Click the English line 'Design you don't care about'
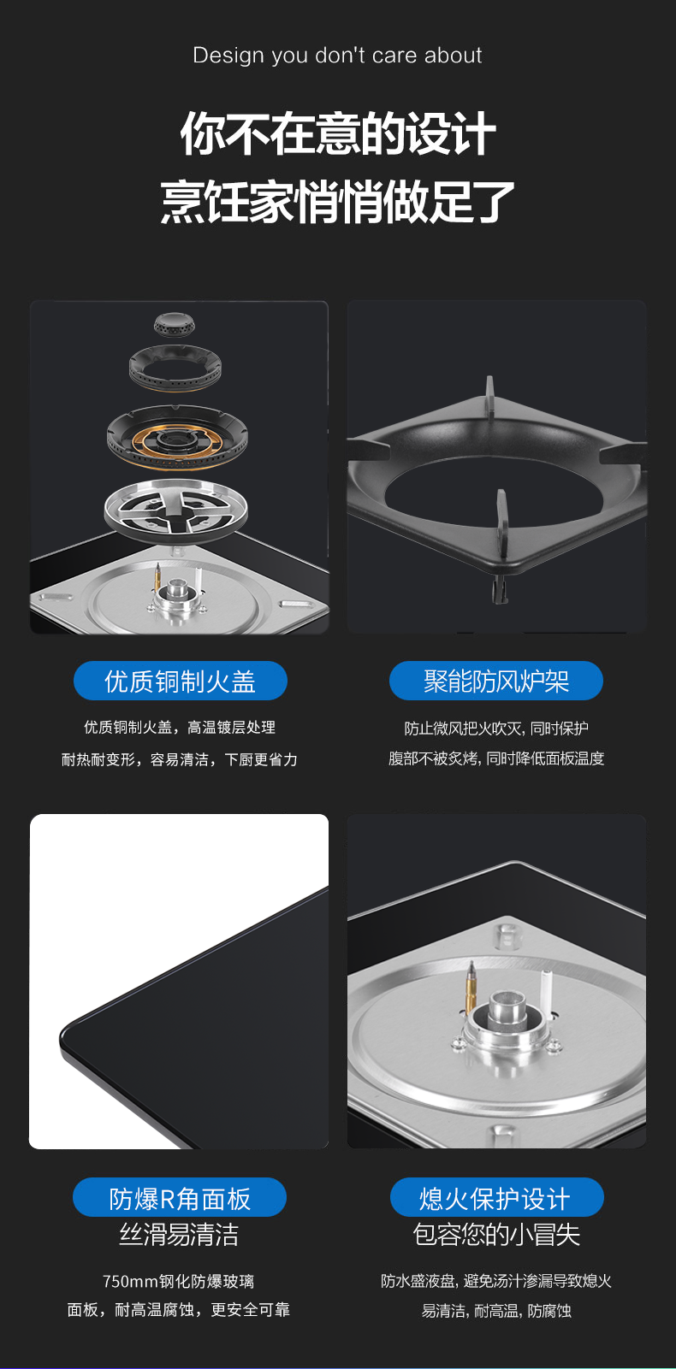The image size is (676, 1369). [337, 56]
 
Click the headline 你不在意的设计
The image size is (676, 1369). [338, 133]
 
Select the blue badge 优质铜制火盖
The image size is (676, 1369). [181, 681]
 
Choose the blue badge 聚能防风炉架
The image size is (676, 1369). [496, 681]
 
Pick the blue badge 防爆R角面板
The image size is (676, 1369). [180, 1197]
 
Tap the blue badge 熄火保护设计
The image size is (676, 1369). [497, 1197]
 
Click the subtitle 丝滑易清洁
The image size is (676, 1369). [179, 1235]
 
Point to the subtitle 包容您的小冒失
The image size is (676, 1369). [497, 1235]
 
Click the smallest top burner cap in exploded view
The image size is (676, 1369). [175, 324]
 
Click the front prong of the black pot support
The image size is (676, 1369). [501, 520]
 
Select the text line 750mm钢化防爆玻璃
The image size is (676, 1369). [179, 1281]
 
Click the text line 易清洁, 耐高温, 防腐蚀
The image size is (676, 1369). [496, 1310]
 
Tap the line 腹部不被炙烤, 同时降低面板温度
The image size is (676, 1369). [496, 758]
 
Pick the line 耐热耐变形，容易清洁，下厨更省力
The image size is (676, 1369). [179, 759]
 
